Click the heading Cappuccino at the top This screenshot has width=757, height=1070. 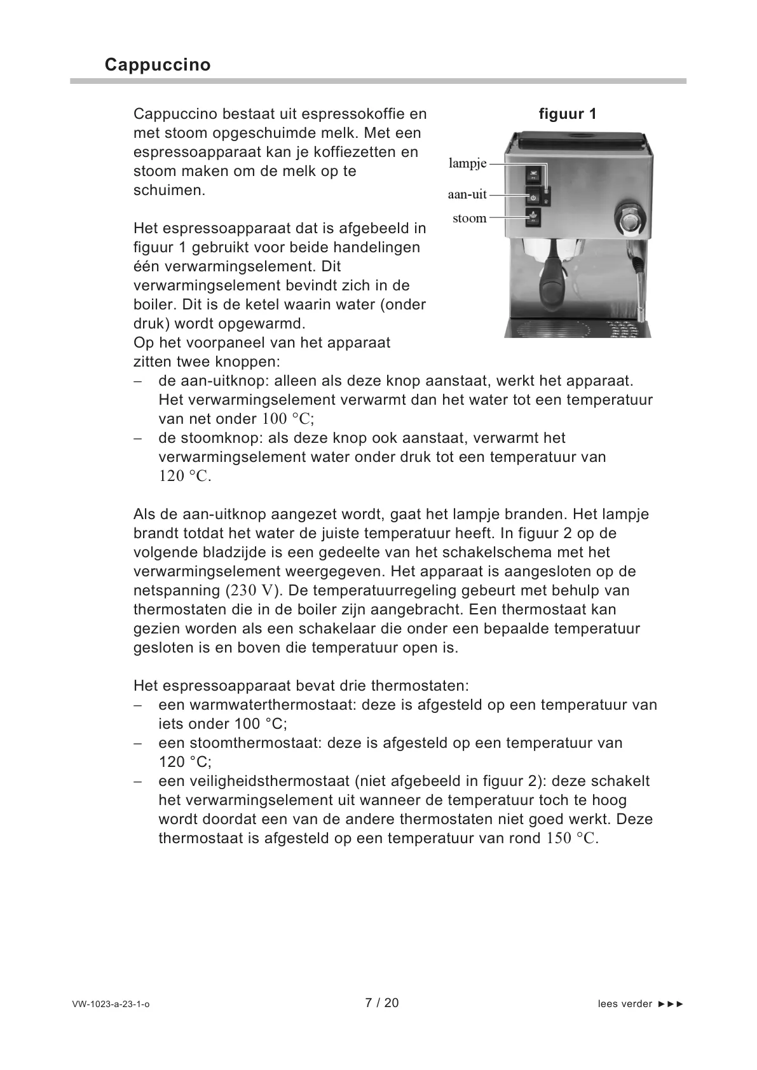pyautogui.click(x=157, y=65)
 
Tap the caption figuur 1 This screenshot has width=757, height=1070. pyautogui.click(x=567, y=114)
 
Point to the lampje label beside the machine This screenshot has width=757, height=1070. pyautogui.click(x=467, y=163)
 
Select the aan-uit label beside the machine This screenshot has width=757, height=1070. pyautogui.click(x=467, y=196)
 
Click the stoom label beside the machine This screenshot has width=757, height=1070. pyautogui.click(x=469, y=219)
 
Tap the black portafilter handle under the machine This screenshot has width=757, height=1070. pyautogui.click(x=551, y=286)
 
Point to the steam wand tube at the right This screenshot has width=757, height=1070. pyautogui.click(x=640, y=286)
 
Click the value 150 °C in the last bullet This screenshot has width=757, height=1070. pyautogui.click(x=571, y=839)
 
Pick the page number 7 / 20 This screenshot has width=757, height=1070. pyautogui.click(x=382, y=1003)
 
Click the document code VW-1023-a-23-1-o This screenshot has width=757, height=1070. pyautogui.click(x=111, y=1005)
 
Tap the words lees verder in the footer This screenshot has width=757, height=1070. pyautogui.click(x=625, y=1005)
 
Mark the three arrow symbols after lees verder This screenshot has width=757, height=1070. pyautogui.click(x=671, y=1005)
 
